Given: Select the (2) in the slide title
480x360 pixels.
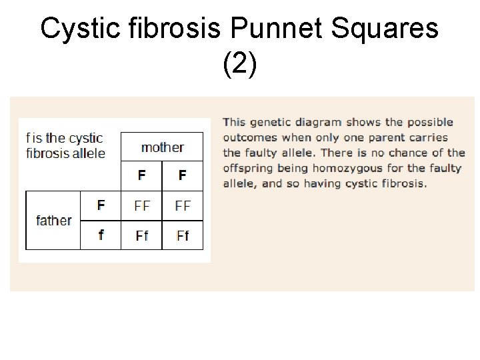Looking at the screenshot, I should (x=239, y=65).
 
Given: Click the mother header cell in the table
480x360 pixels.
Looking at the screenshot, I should (x=162, y=147).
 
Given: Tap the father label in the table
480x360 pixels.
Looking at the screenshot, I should (x=53, y=220).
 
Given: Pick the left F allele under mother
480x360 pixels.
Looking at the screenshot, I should (x=141, y=176).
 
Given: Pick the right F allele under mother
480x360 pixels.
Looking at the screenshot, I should (x=182, y=176).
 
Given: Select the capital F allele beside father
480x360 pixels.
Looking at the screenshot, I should (x=101, y=205).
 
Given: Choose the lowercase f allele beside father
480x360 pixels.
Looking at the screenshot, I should (x=101, y=235).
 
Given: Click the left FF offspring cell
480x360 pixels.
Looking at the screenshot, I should (x=141, y=205).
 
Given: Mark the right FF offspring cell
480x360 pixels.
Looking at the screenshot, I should (x=182, y=205).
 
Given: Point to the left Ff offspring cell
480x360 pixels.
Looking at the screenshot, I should (x=141, y=235).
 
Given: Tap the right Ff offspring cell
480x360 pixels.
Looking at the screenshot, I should (x=182, y=235).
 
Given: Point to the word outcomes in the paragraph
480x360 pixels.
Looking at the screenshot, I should (x=250, y=137).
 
